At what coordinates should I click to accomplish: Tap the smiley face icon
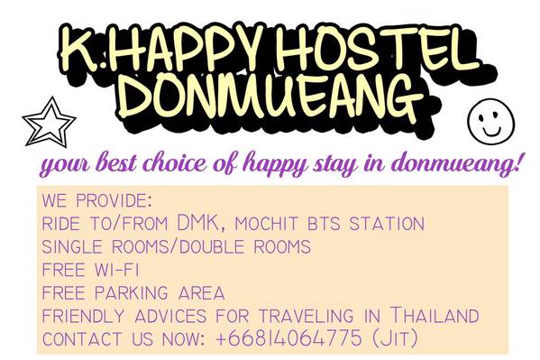(490, 122)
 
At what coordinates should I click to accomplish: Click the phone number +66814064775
(289, 337)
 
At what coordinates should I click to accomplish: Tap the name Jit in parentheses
(395, 338)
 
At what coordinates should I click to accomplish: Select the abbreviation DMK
(198, 223)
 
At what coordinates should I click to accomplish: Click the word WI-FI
(116, 270)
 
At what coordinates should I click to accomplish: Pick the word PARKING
(131, 292)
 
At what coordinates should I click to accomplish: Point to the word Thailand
(435, 315)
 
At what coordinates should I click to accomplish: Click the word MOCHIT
(266, 224)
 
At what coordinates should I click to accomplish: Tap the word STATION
(387, 224)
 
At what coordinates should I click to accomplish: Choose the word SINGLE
(72, 247)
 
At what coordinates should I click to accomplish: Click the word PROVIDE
(112, 200)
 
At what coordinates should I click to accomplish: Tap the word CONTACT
(82, 339)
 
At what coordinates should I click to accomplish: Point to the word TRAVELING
(306, 316)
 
